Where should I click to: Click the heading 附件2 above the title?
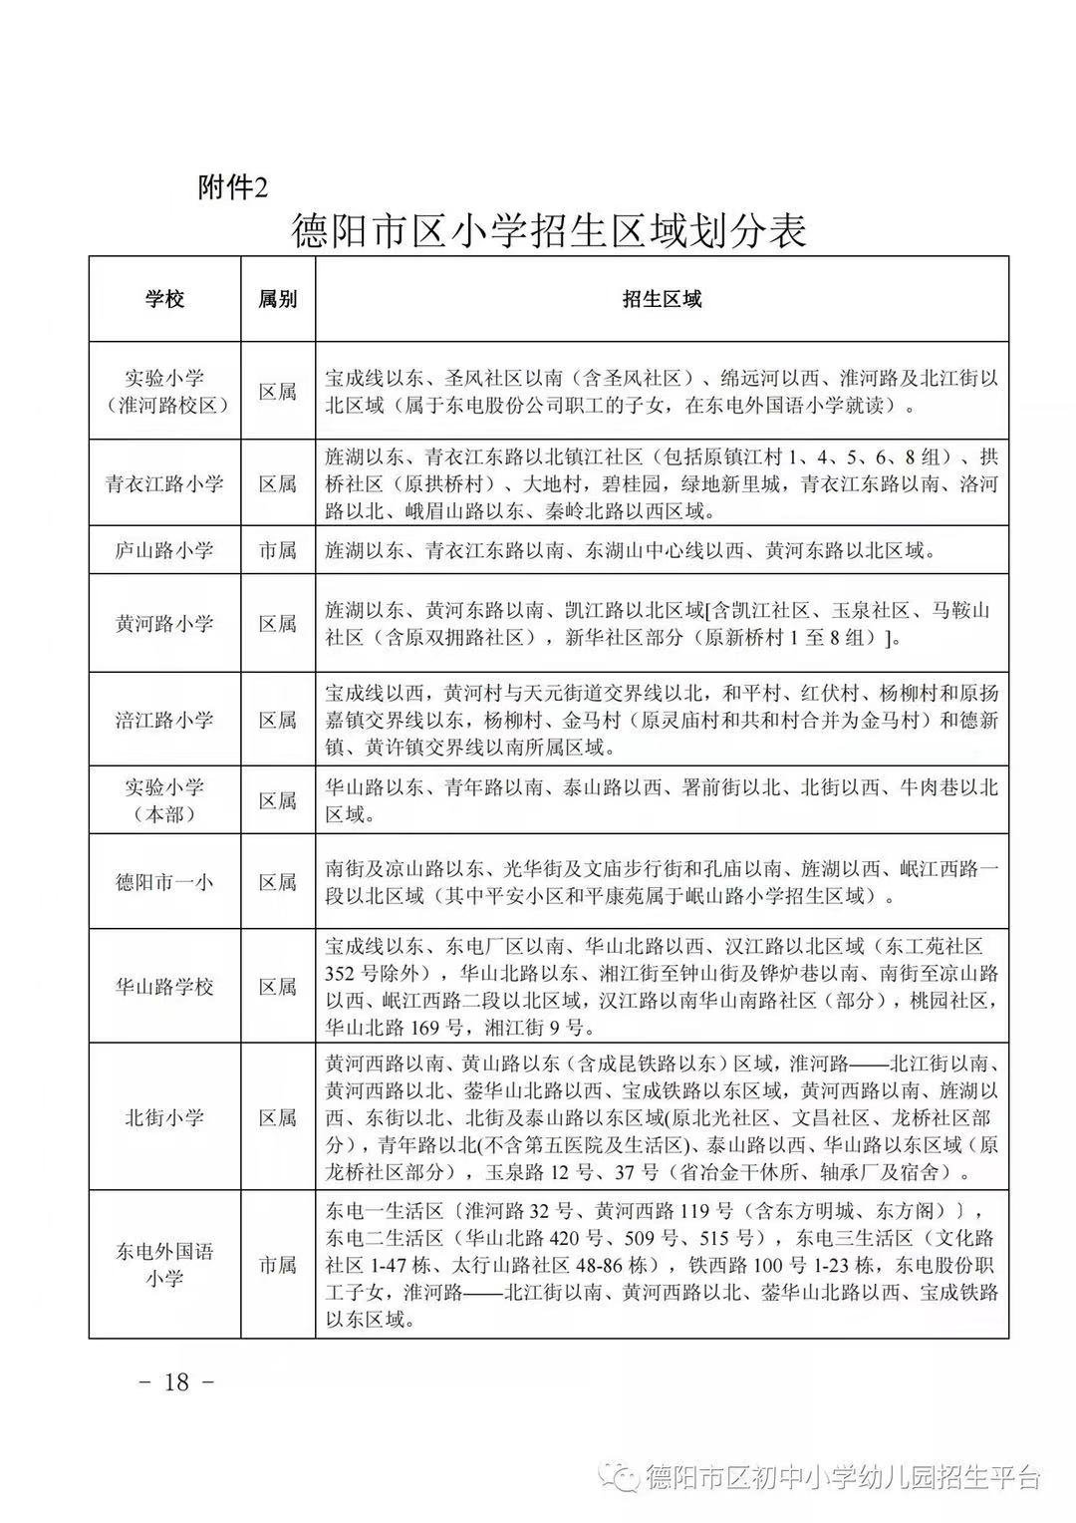click(233, 186)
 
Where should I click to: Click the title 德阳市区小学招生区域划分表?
click(548, 232)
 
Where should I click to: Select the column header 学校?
click(164, 299)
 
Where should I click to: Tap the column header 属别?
click(278, 299)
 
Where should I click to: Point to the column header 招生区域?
click(662, 299)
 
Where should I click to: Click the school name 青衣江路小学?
click(164, 484)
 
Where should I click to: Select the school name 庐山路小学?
click(164, 550)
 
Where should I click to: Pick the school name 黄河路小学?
click(164, 624)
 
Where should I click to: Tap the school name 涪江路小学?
click(164, 720)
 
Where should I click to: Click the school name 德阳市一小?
click(164, 882)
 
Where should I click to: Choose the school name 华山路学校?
click(164, 987)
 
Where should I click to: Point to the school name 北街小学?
click(164, 1117)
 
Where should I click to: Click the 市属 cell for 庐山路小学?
click(278, 550)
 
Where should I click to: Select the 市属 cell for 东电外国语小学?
click(278, 1265)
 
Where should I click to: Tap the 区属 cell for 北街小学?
click(278, 1117)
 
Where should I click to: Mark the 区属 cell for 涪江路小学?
click(278, 720)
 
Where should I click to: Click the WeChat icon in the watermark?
click(628, 1477)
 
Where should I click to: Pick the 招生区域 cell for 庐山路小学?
click(630, 550)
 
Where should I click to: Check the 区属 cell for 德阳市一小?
click(278, 882)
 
